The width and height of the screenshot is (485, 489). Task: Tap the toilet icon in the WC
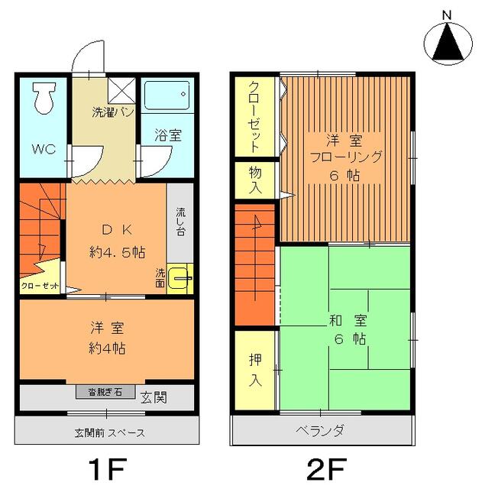tap(43, 99)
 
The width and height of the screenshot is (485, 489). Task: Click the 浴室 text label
tap(169, 136)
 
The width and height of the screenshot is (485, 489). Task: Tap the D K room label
tap(117, 230)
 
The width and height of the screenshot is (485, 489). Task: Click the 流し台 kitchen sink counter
tap(180, 222)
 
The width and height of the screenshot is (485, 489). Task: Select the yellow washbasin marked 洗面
tap(180, 278)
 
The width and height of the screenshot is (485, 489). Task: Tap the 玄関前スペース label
tap(109, 433)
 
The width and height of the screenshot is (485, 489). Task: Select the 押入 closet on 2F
tap(255, 369)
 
